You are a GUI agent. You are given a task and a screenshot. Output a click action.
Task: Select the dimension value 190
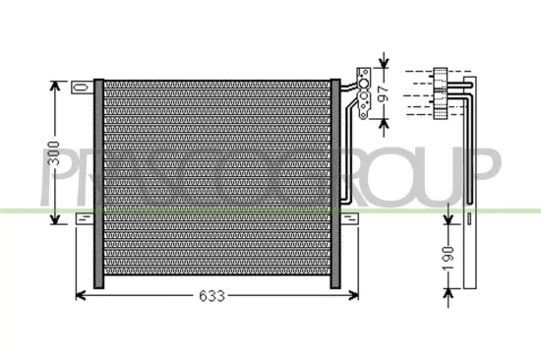point(447,258)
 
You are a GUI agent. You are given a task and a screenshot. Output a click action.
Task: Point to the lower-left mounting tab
point(84,221)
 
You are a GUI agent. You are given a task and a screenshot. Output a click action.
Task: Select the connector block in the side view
point(442,91)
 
